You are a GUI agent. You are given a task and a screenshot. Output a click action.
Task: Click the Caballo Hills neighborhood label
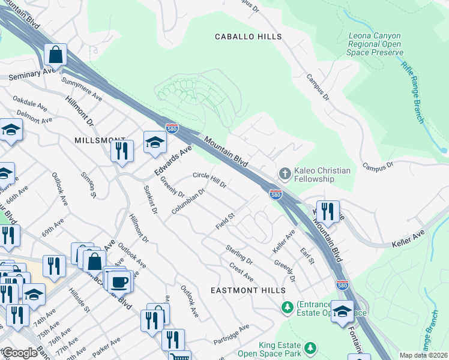pyautogui.click(x=249, y=37)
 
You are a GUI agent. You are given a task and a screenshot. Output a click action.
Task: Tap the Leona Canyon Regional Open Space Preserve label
pyautogui.click(x=375, y=44)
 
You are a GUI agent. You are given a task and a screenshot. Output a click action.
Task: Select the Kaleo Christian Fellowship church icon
pyautogui.click(x=285, y=174)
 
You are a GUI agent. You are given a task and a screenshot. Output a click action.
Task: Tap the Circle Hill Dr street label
pyautogui.click(x=209, y=179)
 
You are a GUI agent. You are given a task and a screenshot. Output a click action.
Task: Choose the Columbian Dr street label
pyautogui.click(x=188, y=202)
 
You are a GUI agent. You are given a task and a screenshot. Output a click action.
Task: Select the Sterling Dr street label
pyautogui.click(x=240, y=253)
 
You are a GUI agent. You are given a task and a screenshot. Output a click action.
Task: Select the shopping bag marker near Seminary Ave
pyautogui.click(x=55, y=55)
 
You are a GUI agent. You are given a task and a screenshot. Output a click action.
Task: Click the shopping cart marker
pyautogui.click(x=179, y=358)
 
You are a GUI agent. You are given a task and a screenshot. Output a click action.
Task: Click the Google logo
pyautogui.click(x=20, y=353)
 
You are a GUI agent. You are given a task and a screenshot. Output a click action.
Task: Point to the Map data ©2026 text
pyautogui.click(x=423, y=355)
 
